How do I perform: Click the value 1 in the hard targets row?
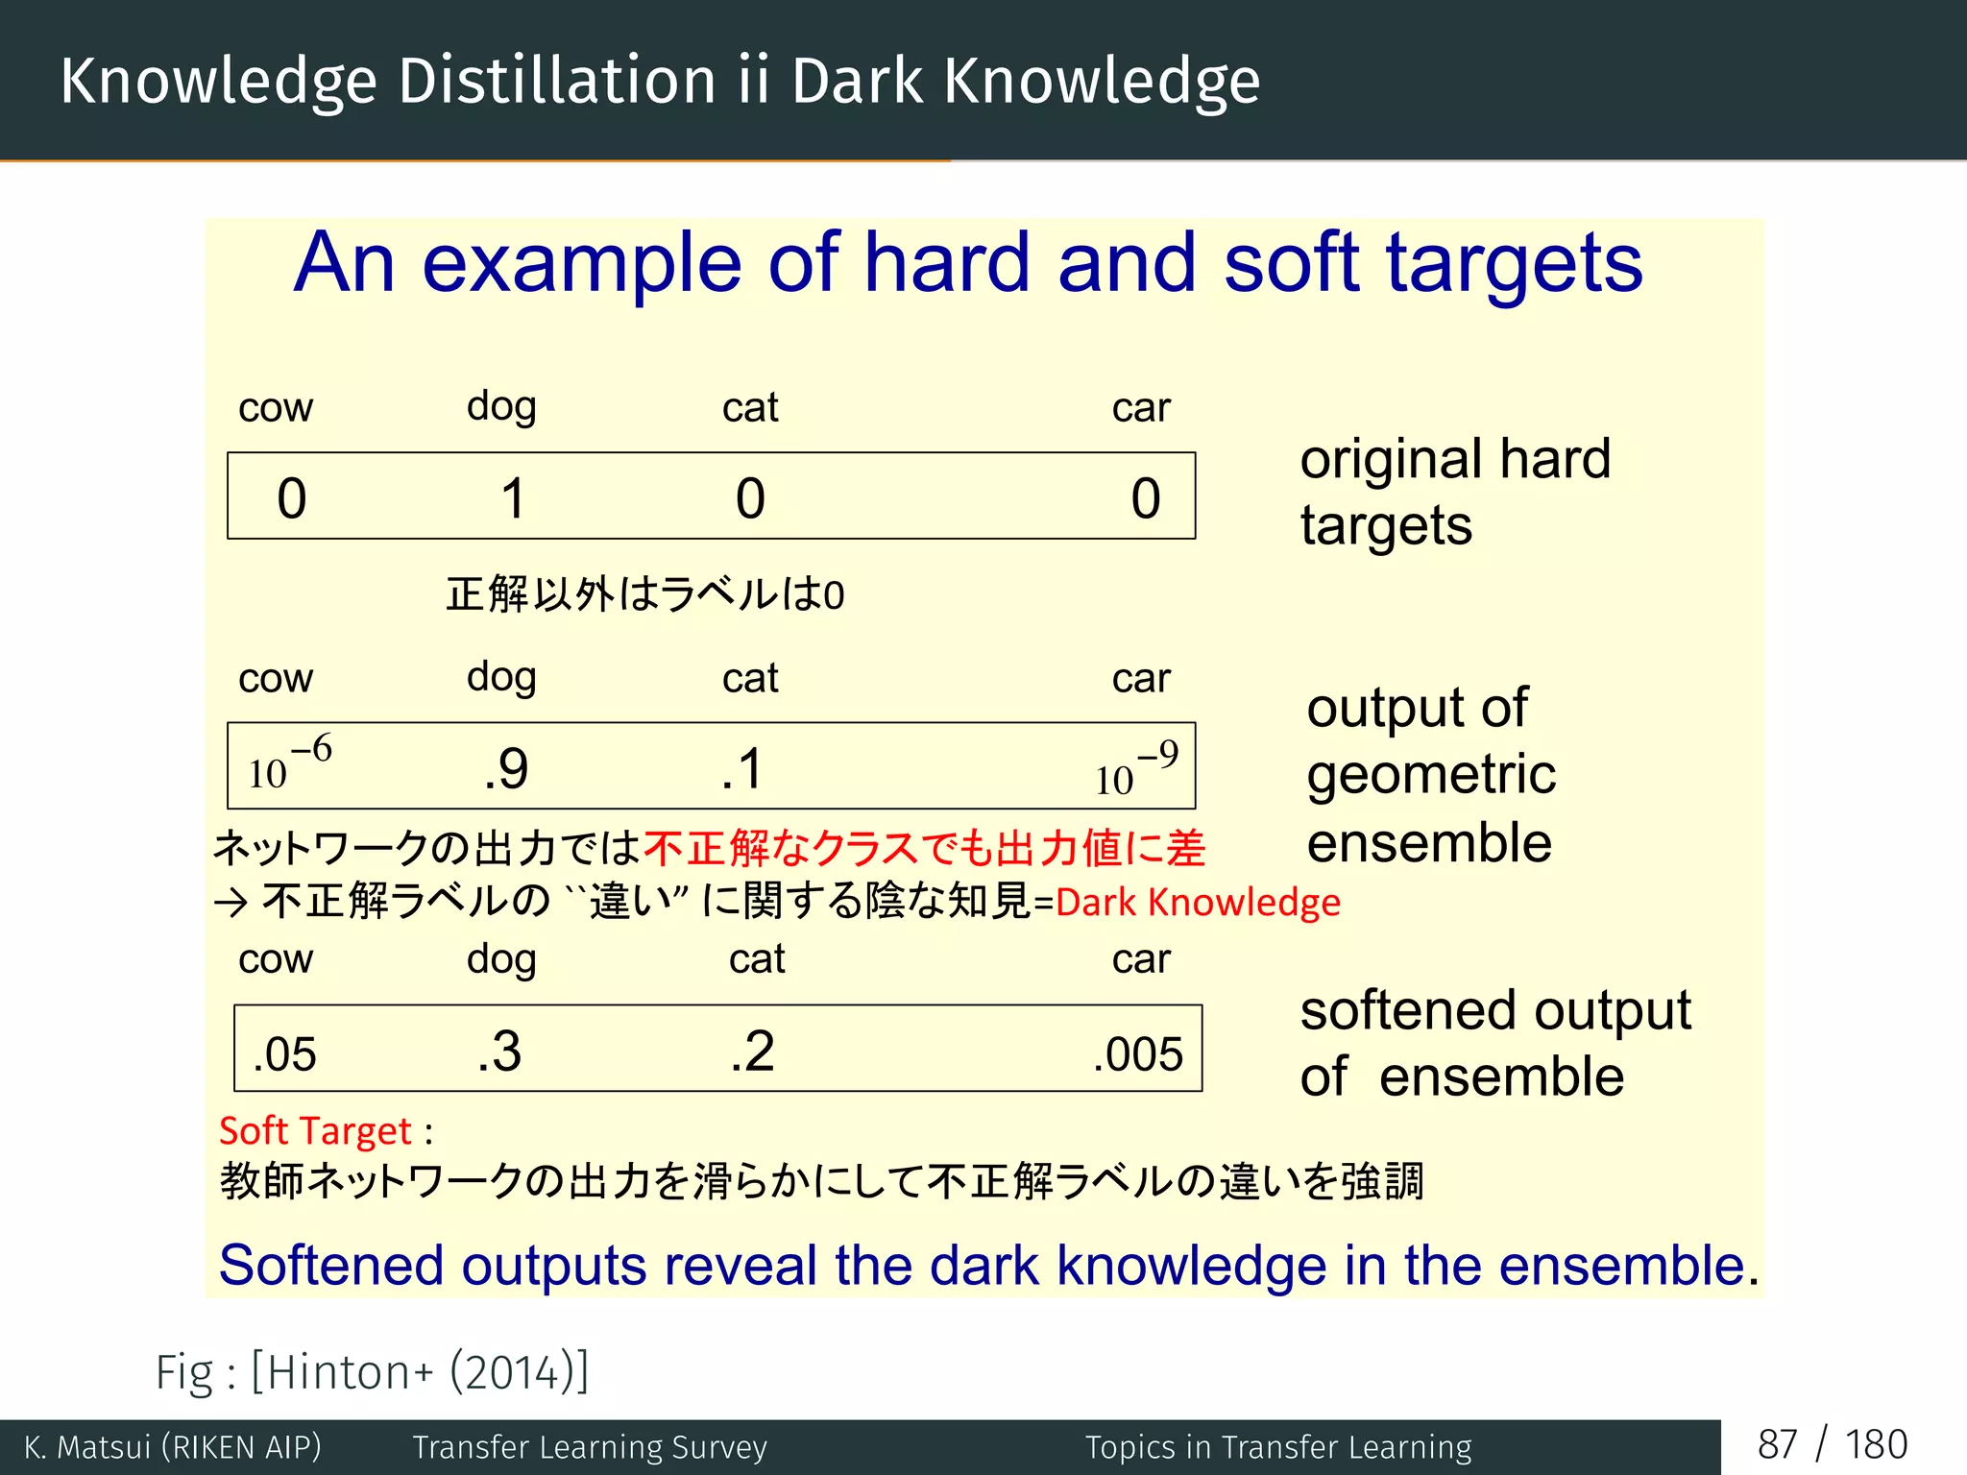[x=514, y=498]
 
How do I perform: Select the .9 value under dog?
[x=506, y=769]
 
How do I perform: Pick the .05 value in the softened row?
[x=284, y=1054]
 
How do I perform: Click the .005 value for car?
[x=1138, y=1054]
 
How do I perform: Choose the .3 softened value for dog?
[x=499, y=1052]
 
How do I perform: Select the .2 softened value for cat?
[x=752, y=1052]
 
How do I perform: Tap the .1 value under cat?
[x=742, y=769]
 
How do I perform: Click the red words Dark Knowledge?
[x=1198, y=903]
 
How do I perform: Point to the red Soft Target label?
[x=315, y=1131]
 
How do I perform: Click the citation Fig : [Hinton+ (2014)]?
[x=373, y=1371]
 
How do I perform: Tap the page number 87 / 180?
[x=1832, y=1445]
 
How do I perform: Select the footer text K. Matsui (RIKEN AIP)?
[x=173, y=1447]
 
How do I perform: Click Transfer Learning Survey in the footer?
[x=590, y=1447]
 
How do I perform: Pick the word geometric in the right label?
[x=1431, y=775]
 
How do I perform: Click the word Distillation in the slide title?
[x=557, y=81]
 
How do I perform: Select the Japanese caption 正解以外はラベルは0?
[x=645, y=594]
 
